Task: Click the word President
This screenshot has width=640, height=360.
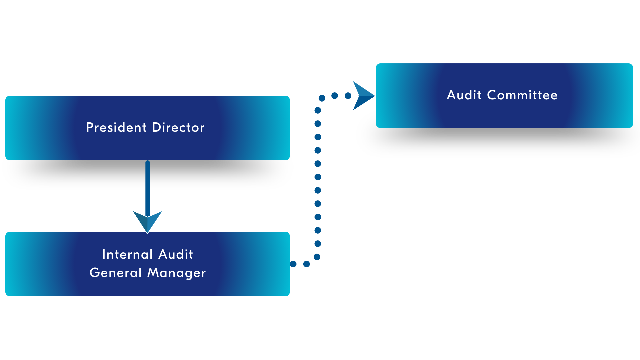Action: coord(116,127)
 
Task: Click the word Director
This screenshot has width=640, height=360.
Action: coord(178,127)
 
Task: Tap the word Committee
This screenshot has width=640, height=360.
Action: coord(522,95)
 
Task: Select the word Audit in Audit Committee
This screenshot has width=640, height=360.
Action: coord(464,95)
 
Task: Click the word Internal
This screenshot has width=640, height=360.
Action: coord(127,254)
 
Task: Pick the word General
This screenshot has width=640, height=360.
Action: coord(115,273)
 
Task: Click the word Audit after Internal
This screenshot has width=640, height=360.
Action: coord(176,254)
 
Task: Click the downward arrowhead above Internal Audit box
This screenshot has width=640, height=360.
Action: coord(148,221)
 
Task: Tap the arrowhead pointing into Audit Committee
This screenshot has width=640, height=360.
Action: coord(363,96)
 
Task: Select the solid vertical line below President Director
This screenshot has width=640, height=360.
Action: coord(148,187)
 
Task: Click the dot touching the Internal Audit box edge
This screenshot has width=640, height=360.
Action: coord(293,264)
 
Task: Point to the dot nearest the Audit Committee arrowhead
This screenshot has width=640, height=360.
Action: coord(348,96)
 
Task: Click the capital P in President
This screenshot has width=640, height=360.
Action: coord(89,127)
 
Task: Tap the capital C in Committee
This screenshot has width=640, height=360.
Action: coord(492,95)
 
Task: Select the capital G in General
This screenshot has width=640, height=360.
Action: coord(94,273)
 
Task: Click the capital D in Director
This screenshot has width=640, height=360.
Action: coord(156,127)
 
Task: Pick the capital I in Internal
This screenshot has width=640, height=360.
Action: coord(104,254)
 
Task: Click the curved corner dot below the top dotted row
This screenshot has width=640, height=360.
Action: coord(322,98)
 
